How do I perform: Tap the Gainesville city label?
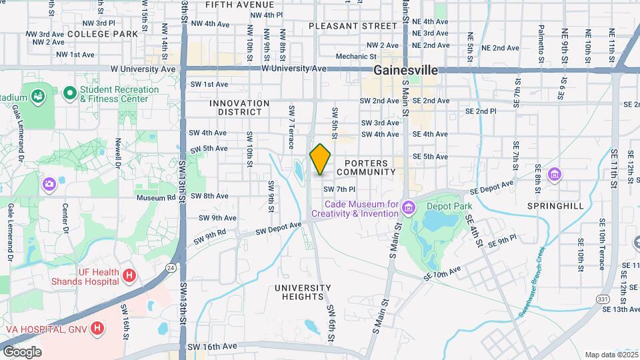pyautogui.click(x=405, y=70)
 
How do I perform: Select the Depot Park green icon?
pyautogui.click(x=408, y=207)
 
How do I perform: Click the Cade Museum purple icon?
pyautogui.click(x=316, y=207)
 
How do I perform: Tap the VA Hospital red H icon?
pyautogui.click(x=98, y=328)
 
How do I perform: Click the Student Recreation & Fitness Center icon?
pyautogui.click(x=69, y=93)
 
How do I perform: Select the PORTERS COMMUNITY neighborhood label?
pyautogui.click(x=366, y=167)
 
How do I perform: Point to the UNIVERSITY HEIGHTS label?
pyautogui.click(x=303, y=292)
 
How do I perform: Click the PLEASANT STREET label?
pyautogui.click(x=353, y=26)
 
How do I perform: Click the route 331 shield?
pyautogui.click(x=603, y=300)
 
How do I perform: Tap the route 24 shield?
pyautogui.click(x=171, y=267)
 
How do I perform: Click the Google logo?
pyautogui.click(x=22, y=351)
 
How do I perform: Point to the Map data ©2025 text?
pyautogui.click(x=610, y=355)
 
